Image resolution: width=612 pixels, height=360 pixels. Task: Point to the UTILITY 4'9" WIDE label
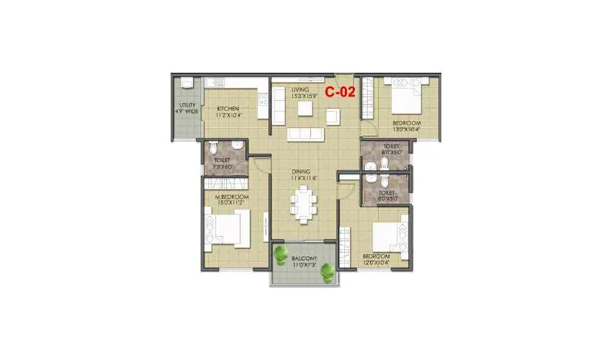(x=187, y=108)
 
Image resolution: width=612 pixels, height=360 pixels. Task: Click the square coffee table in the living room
(x=305, y=108)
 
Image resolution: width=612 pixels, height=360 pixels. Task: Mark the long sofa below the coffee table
(x=305, y=135)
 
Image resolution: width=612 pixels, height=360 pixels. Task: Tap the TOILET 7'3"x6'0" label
(x=221, y=163)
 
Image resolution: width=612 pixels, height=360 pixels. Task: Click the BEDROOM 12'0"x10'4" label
(x=376, y=259)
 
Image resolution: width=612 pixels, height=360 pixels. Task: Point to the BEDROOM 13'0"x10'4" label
(x=406, y=127)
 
